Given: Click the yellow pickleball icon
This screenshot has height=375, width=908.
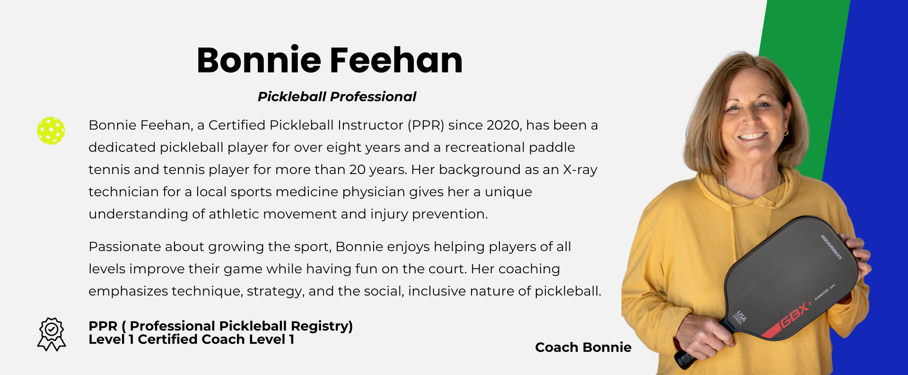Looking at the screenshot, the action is tap(51, 131).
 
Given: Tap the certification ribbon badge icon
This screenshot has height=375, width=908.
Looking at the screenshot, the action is tap(52, 334).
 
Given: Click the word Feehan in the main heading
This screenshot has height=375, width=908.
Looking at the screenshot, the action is tap(396, 60).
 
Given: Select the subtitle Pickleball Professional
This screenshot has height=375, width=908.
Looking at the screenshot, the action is tap(337, 96).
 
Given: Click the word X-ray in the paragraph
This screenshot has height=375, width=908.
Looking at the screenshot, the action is tap(580, 170).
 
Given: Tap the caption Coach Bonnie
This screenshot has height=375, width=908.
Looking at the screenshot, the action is tap(583, 347).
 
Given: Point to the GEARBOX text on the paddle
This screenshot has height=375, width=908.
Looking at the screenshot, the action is tap(831, 247).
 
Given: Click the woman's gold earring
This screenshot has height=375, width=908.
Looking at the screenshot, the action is tap(786, 133).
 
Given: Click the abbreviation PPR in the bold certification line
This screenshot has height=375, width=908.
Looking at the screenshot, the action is tap(103, 326).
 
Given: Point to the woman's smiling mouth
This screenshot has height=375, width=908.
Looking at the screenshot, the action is tap(752, 137).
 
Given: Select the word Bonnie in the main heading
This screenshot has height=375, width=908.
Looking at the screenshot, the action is tap(259, 60).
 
